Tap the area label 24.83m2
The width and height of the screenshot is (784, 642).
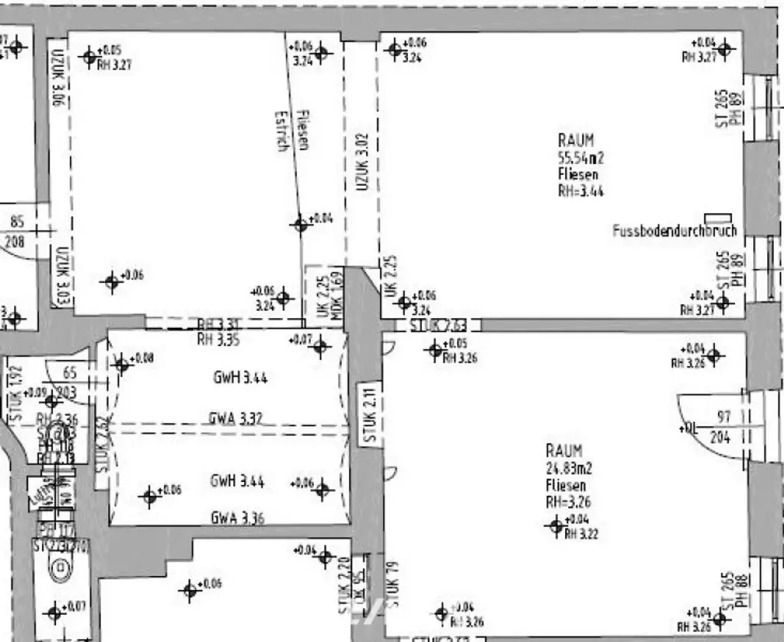[569, 467]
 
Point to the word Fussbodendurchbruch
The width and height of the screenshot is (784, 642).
[675, 231]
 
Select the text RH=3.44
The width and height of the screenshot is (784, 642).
[580, 192]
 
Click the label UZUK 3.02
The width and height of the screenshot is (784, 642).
[363, 162]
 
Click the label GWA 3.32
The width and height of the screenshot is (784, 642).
[236, 418]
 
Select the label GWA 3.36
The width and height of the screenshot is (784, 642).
[237, 518]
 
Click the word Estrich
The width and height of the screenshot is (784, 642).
[283, 132]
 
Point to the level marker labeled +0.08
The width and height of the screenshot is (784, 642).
[122, 364]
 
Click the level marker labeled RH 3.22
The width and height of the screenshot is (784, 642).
[557, 526]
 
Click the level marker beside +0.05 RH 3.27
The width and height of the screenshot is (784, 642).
[90, 56]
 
